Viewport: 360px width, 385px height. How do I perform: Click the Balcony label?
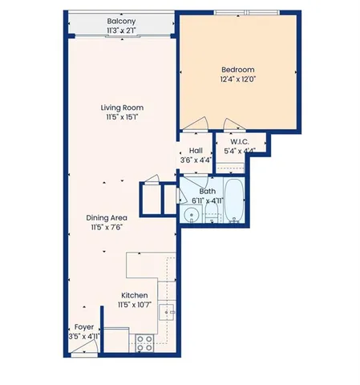pos(121,22)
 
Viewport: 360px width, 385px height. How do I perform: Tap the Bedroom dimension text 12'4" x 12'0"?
pos(237,80)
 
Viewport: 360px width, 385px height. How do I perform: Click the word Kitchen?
pos(134,295)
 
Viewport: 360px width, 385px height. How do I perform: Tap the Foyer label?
pos(83,327)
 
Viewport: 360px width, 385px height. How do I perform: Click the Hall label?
pos(195,151)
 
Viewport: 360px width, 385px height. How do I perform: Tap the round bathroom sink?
pos(191,214)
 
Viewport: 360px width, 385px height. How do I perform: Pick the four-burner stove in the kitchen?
pos(145,343)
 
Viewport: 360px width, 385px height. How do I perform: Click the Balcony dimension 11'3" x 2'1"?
pos(121,30)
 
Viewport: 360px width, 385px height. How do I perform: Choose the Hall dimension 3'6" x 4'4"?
pos(195,160)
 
